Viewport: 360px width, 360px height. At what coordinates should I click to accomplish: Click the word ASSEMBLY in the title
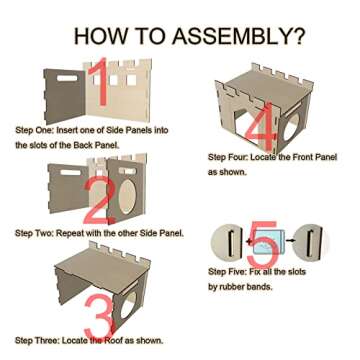(228, 36)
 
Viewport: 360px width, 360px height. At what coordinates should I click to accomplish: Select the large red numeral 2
(100, 199)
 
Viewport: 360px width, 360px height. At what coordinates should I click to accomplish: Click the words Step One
(34, 130)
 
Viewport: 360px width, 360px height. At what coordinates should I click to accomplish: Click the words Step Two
(34, 233)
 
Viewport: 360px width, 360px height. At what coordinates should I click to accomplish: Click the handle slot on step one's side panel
(67, 78)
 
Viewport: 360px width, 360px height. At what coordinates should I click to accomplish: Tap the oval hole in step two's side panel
(127, 197)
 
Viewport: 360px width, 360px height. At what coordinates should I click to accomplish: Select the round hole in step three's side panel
(127, 306)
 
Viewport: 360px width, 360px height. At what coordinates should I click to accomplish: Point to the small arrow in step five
(290, 240)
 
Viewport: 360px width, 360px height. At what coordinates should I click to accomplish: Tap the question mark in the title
(296, 36)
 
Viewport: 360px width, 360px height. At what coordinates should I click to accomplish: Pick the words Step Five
(227, 272)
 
